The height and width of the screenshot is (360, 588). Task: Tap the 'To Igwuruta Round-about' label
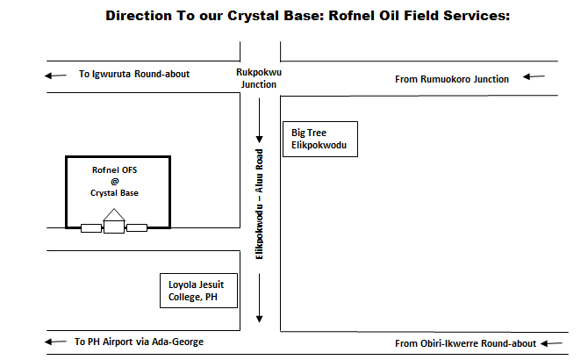click(133, 75)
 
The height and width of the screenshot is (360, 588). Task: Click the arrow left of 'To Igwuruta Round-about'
click(54, 75)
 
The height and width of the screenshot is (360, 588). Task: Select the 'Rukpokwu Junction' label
click(258, 79)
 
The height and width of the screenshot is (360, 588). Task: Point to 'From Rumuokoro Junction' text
click(451, 79)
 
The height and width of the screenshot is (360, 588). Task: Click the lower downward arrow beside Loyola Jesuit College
click(260, 299)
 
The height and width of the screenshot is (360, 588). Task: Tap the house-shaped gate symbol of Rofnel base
click(114, 221)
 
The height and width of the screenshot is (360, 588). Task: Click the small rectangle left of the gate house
click(91, 228)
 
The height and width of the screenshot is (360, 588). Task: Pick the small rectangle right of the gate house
click(136, 228)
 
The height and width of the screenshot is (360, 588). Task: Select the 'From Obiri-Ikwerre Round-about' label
click(465, 342)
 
